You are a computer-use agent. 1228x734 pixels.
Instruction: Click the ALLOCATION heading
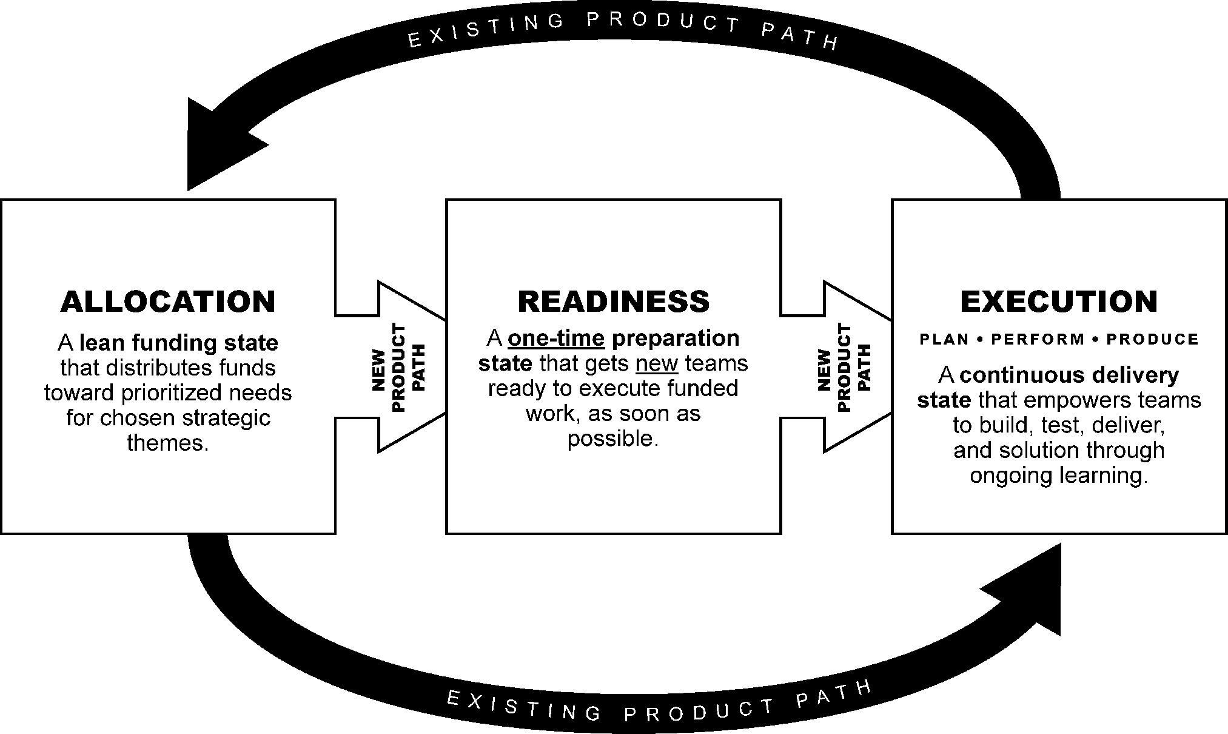click(168, 301)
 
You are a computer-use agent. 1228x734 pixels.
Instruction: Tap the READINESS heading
click(613, 301)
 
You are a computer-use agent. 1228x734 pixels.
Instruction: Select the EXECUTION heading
click(1059, 301)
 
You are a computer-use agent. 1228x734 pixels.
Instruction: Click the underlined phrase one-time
click(556, 338)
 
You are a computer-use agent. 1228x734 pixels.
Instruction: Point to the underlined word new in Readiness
click(657, 363)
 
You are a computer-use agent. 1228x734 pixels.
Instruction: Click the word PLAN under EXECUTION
click(944, 340)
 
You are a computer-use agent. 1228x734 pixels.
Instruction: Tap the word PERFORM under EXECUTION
click(1038, 340)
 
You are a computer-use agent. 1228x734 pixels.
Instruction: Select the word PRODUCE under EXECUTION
click(1152, 340)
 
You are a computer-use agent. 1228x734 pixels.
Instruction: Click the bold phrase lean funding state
click(179, 343)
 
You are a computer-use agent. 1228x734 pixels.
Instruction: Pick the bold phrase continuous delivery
click(1069, 375)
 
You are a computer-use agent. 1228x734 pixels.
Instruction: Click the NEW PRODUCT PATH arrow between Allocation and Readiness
click(400, 366)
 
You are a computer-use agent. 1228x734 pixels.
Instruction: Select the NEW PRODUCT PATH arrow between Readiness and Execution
click(845, 366)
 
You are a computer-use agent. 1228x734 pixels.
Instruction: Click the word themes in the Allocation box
click(168, 443)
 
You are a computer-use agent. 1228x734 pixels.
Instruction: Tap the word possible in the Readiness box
click(612, 439)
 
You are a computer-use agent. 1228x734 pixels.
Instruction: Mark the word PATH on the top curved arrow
click(800, 38)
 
